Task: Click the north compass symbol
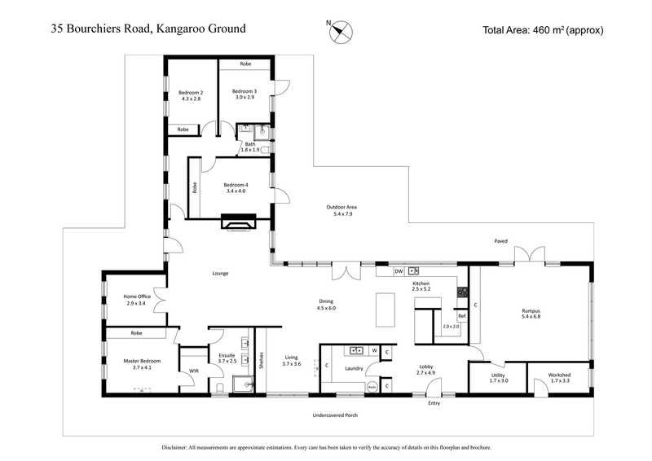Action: [x=341, y=32]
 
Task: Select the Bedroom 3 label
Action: [x=244, y=94]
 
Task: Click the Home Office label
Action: [x=134, y=299]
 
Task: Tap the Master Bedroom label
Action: [x=142, y=363]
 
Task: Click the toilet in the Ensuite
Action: [x=221, y=387]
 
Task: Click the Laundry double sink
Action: [x=356, y=350]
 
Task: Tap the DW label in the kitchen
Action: [x=399, y=270]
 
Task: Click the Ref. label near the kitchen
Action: [x=461, y=315]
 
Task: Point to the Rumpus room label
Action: [x=531, y=314]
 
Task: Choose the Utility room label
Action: [x=498, y=378]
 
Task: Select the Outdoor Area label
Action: [x=342, y=210]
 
